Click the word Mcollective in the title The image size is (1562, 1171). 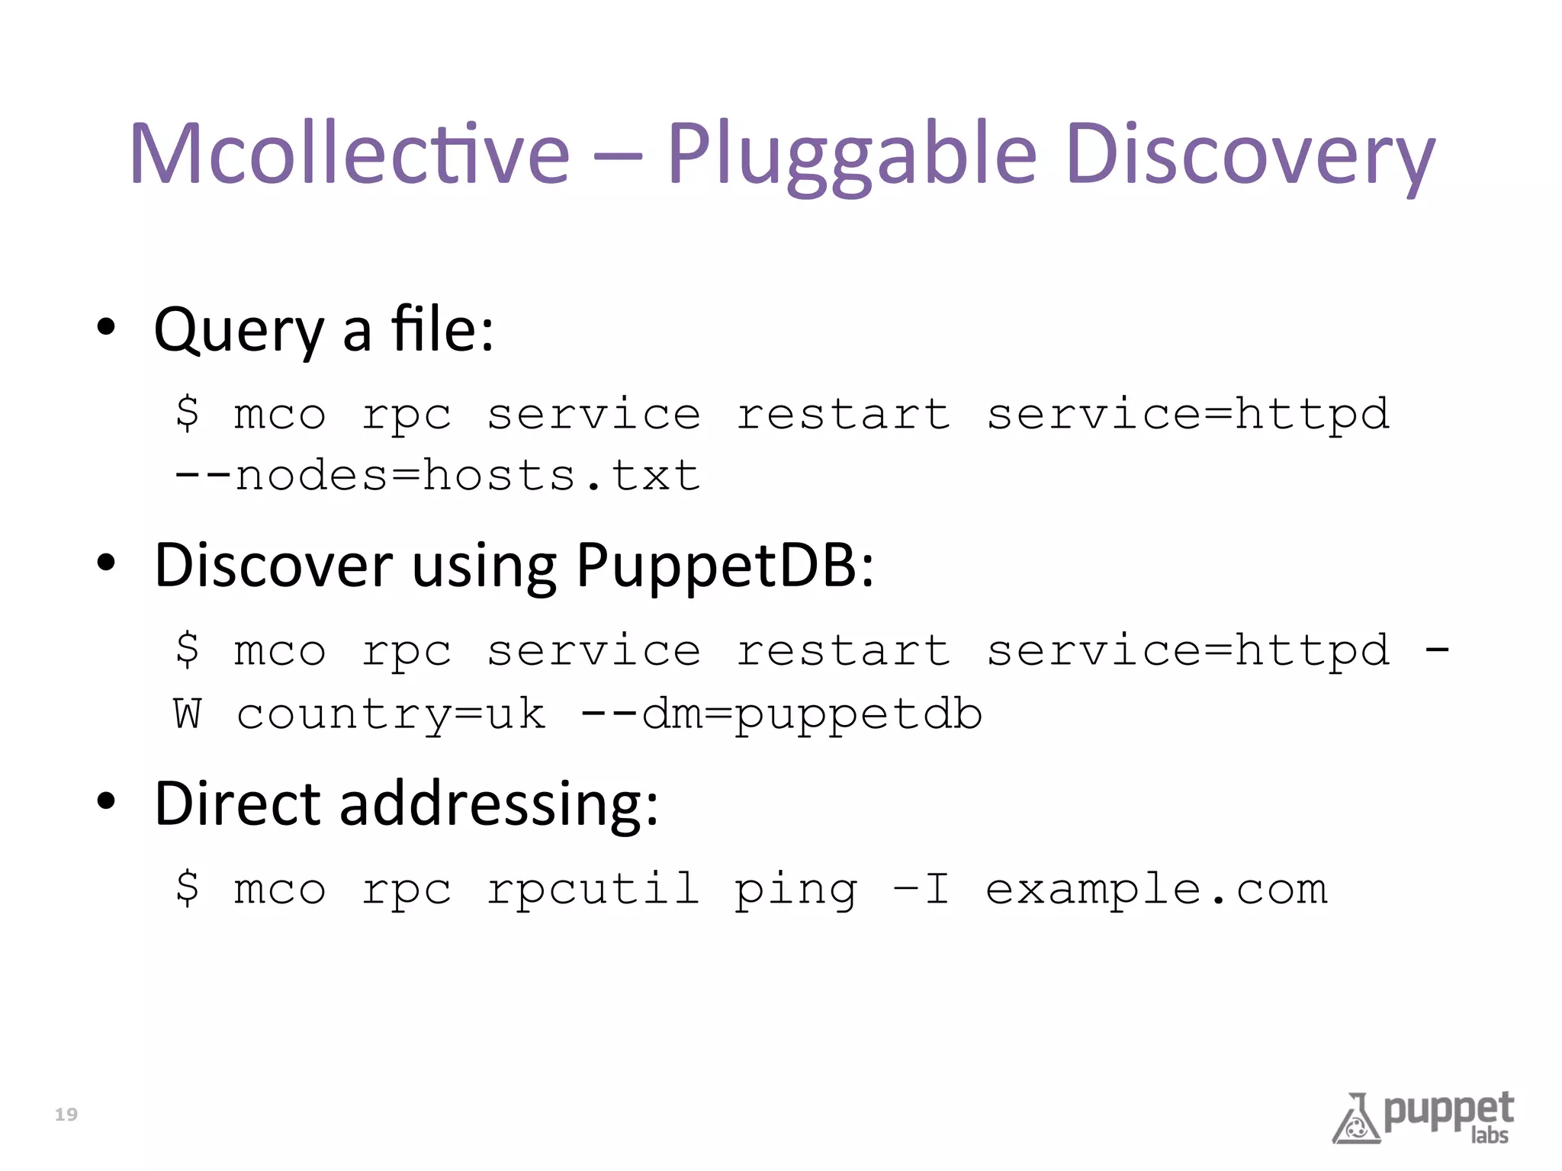click(349, 154)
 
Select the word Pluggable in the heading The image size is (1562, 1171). click(852, 154)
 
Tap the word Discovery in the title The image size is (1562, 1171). click(1251, 154)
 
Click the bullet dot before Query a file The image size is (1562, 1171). click(106, 328)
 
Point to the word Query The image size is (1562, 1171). click(239, 331)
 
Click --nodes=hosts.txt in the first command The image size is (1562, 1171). click(436, 476)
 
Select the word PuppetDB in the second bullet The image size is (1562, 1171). click(725, 566)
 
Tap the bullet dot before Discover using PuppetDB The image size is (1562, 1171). click(106, 563)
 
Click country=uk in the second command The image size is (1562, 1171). click(390, 715)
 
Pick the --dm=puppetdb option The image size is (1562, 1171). click(781, 715)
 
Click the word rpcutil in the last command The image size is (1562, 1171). click(593, 890)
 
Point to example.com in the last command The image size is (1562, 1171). click(1156, 890)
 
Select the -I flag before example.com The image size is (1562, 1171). click(921, 890)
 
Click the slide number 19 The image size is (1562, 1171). click(66, 1115)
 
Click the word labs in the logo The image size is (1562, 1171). click(1490, 1136)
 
